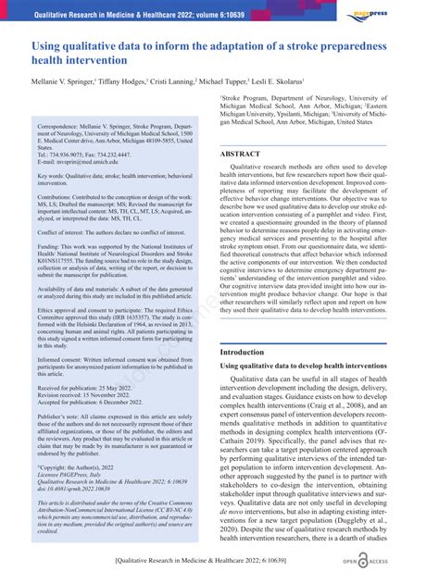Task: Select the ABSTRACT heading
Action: (x=241, y=154)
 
